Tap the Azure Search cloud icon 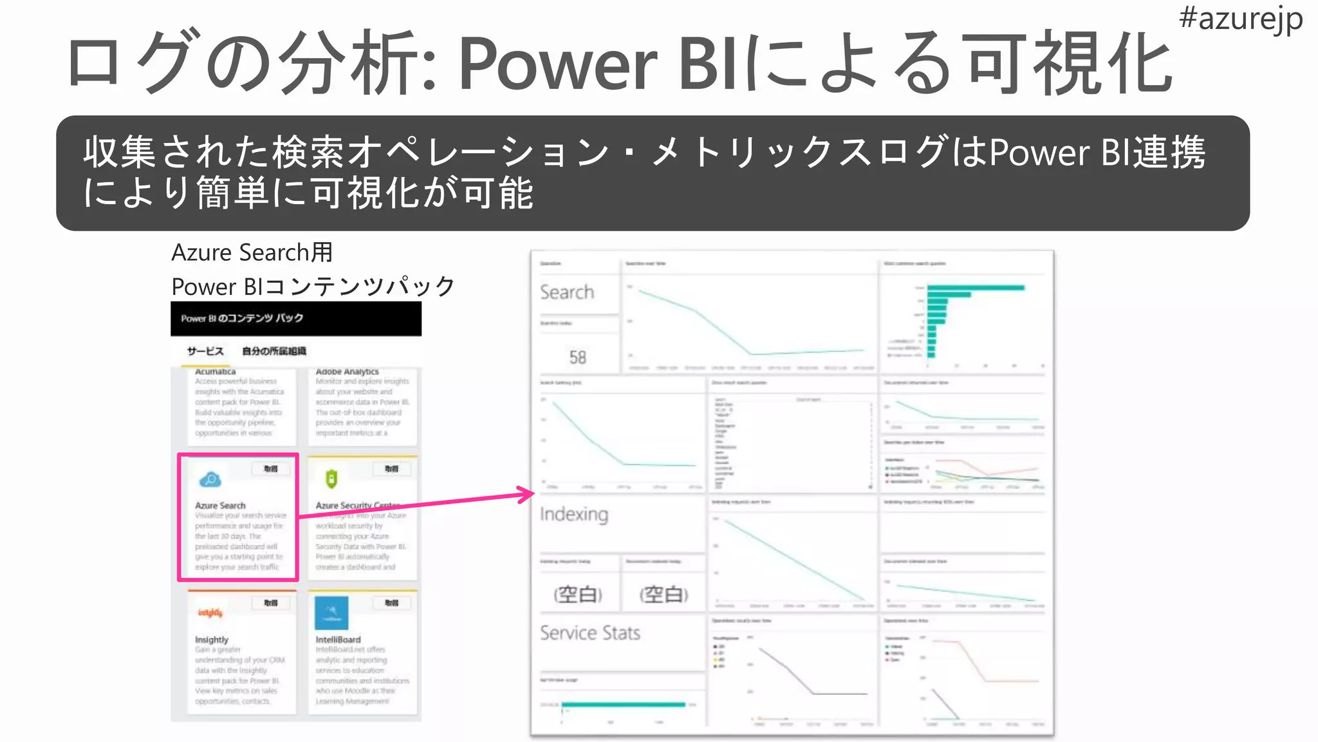[210, 479]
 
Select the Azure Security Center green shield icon [331, 479]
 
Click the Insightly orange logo [210, 613]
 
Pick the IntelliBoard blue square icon [331, 613]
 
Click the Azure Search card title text [220, 506]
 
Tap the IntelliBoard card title [338, 640]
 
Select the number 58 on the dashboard [577, 357]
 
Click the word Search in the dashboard [567, 292]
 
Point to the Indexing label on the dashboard [573, 514]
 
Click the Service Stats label [589, 633]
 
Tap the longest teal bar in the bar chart [976, 287]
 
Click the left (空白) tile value [577, 594]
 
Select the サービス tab [205, 351]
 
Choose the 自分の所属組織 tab [274, 351]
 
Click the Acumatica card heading [216, 372]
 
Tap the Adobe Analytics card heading [347, 372]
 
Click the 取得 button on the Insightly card [270, 603]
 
